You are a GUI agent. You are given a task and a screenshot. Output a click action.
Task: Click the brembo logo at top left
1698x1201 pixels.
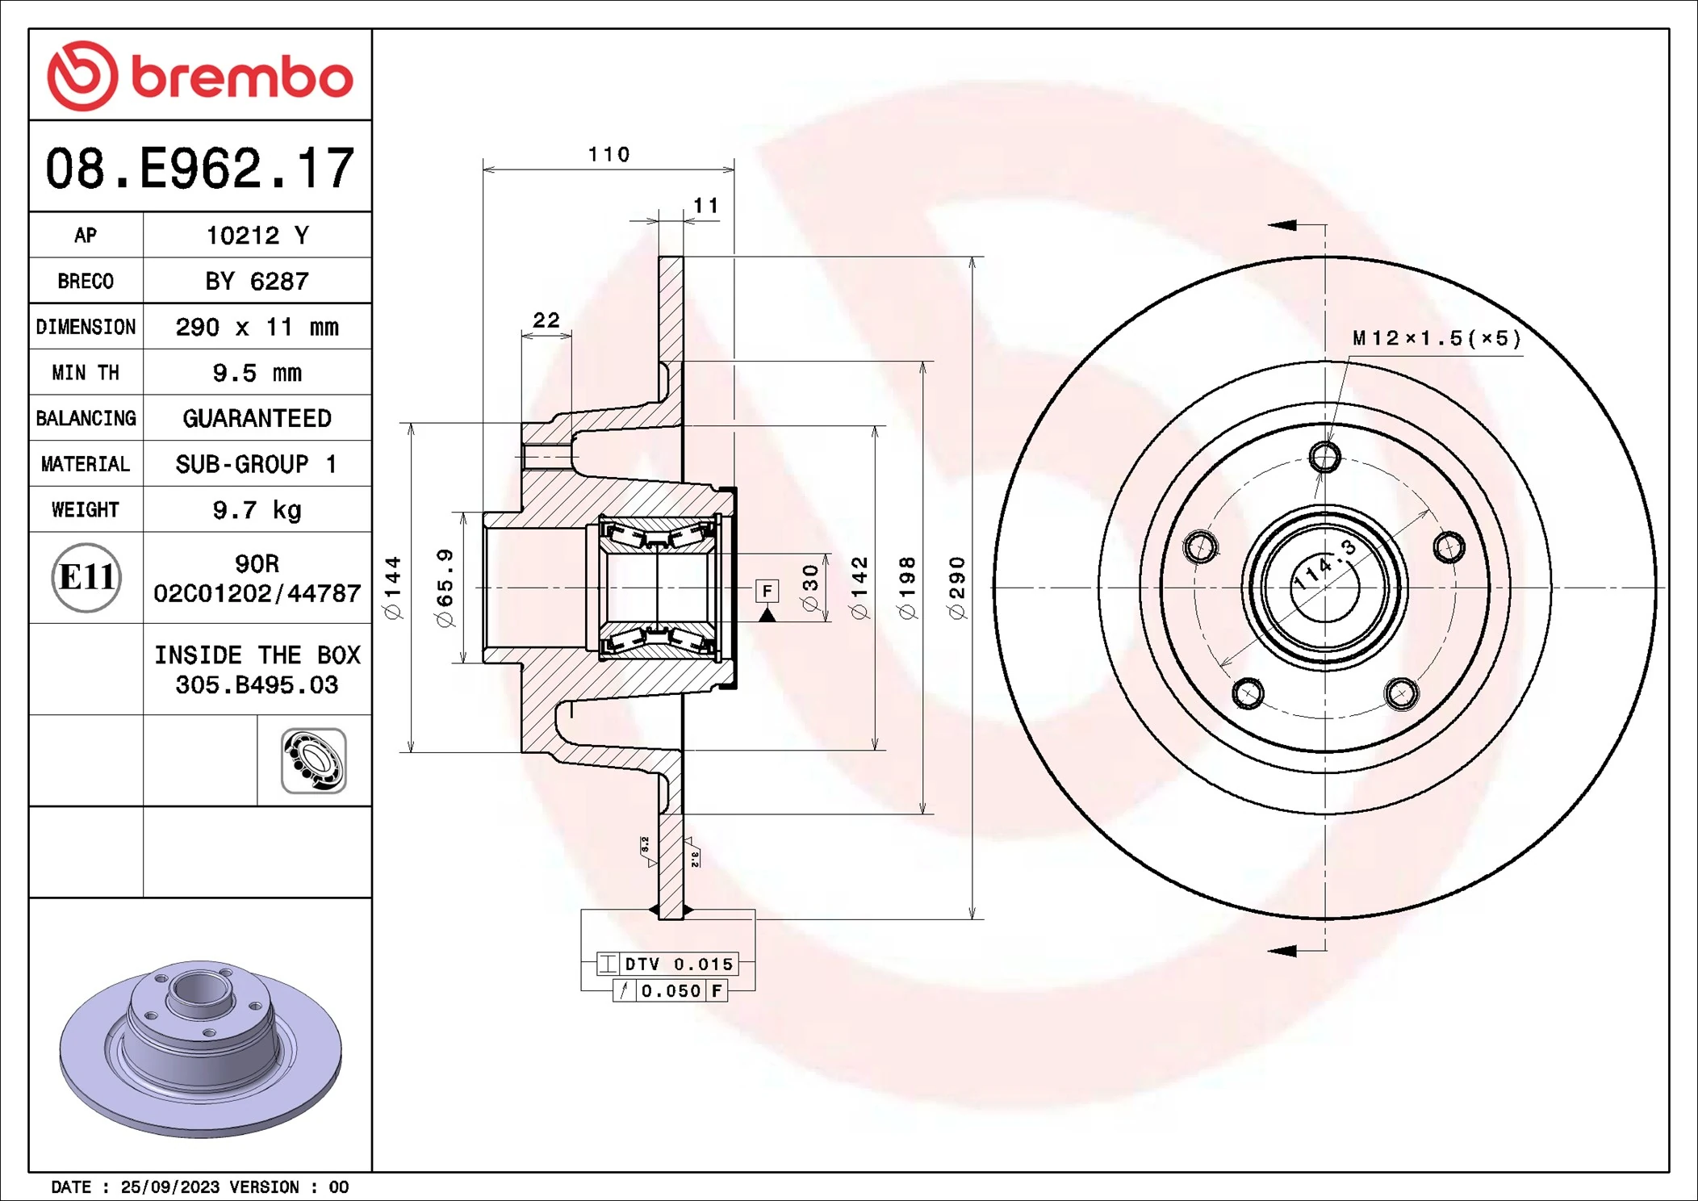pyautogui.click(x=199, y=76)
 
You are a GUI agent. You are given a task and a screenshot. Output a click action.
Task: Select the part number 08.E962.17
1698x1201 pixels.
pyautogui.click(x=199, y=169)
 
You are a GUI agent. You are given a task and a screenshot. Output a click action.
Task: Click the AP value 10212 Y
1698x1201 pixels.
pyautogui.click(x=257, y=236)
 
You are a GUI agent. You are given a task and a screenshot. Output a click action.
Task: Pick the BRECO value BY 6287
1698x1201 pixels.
pyautogui.click(x=257, y=281)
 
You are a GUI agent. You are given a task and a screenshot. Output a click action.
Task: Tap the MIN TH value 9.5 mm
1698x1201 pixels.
pyautogui.click(x=257, y=373)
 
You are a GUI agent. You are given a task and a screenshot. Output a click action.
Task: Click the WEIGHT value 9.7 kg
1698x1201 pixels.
pyautogui.click(x=257, y=510)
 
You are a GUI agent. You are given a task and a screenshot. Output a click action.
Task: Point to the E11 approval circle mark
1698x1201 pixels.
pyautogui.click(x=86, y=577)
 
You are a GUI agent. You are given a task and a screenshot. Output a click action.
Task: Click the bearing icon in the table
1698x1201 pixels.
pyautogui.click(x=313, y=760)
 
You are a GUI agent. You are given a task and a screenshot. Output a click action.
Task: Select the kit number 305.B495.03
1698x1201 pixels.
pyautogui.click(x=257, y=685)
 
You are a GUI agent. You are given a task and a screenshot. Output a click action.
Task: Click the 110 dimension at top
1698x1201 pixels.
pyautogui.click(x=609, y=154)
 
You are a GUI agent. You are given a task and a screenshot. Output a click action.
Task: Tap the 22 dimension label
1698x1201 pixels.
pyautogui.click(x=546, y=320)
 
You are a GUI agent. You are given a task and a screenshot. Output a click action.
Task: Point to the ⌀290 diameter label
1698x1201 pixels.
pyautogui.click(x=957, y=588)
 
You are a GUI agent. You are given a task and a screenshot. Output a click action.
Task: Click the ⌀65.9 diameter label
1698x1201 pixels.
pyautogui.click(x=445, y=588)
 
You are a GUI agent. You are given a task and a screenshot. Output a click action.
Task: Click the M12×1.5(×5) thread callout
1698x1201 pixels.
pyautogui.click(x=1437, y=338)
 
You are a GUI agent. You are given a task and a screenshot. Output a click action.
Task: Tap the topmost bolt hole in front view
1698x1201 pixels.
pyautogui.click(x=1324, y=458)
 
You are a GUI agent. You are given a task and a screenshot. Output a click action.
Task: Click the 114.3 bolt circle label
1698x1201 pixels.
pyautogui.click(x=1324, y=565)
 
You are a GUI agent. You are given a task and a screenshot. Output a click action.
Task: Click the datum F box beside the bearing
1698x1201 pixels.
pyautogui.click(x=767, y=591)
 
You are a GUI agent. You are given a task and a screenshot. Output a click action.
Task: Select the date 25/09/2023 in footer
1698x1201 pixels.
pyautogui.click(x=169, y=1186)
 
